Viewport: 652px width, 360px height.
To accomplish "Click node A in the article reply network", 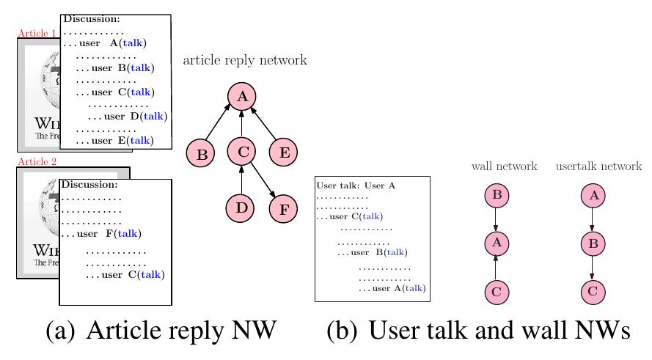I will click(241, 97).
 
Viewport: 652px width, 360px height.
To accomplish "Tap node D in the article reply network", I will click(241, 207).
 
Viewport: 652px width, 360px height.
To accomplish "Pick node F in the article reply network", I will click(283, 208).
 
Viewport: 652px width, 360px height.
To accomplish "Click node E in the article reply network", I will click(283, 153).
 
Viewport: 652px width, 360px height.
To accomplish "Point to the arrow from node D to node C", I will click(241, 180).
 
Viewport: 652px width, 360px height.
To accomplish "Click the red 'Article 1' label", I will click(37, 33).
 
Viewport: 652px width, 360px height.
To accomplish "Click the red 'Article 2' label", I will click(37, 162).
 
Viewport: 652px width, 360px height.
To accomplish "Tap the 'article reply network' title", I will click(245, 60).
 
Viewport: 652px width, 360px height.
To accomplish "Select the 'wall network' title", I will click(504, 166).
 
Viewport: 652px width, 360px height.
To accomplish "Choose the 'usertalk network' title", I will click(598, 166).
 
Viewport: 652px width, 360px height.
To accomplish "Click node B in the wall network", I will click(497, 196).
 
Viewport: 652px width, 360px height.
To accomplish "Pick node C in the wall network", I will click(497, 292).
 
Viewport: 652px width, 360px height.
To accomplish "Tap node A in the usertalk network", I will click(593, 196).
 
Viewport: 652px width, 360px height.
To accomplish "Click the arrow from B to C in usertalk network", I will click(593, 268).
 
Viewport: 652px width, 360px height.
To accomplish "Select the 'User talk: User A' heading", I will click(356, 185).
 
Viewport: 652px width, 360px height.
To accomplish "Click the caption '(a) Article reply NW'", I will click(161, 331).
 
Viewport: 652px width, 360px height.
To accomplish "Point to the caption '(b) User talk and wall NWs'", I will click(477, 331).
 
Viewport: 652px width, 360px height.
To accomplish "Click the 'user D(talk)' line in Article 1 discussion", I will click(128, 116).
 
